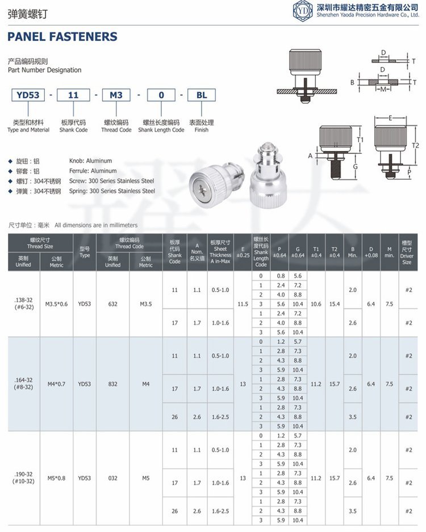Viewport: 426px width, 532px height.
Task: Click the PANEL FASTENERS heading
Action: [x=62, y=37]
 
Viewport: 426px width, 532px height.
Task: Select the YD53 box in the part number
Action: [x=28, y=95]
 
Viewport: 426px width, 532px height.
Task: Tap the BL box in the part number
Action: [x=202, y=95]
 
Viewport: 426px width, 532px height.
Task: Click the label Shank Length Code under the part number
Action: [x=161, y=130]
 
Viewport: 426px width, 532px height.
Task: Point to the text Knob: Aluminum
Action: [x=90, y=161]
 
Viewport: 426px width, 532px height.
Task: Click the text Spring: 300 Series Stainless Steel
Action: [x=112, y=191]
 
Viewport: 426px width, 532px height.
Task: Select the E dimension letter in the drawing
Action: [x=391, y=117]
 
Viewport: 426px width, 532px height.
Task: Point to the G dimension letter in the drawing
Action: [x=354, y=166]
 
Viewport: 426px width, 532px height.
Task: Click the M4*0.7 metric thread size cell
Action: [x=56, y=384]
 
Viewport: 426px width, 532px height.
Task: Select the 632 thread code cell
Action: [x=113, y=304]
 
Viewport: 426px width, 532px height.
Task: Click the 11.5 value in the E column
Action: [x=243, y=304]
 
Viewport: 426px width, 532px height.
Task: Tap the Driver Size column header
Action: [x=407, y=252]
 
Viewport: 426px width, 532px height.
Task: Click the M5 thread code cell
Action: [x=146, y=478]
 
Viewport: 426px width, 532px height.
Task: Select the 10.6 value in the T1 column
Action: [x=316, y=304]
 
